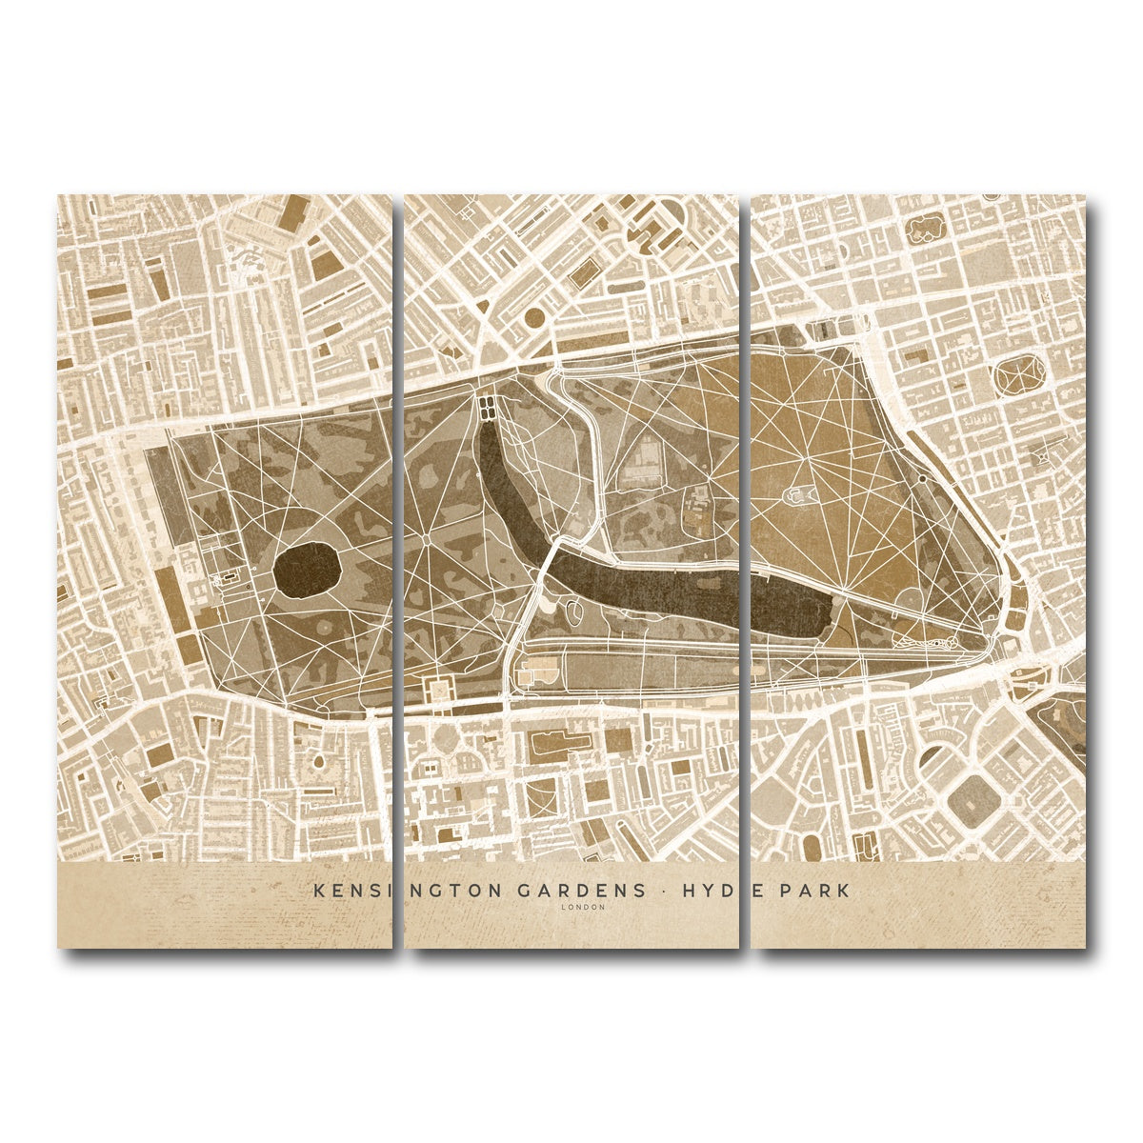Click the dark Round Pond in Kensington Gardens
point(307,571)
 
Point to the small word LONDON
point(583,907)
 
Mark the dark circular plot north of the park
point(535,316)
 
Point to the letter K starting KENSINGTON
point(318,891)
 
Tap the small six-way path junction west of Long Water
point(425,538)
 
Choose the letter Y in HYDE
point(706,891)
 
